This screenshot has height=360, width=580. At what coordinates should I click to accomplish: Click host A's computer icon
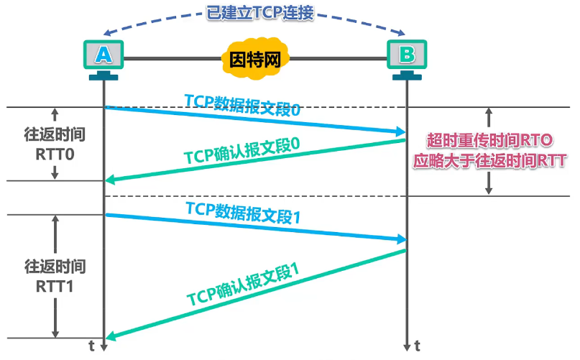point(104,56)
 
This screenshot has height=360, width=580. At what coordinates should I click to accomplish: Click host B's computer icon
point(407,56)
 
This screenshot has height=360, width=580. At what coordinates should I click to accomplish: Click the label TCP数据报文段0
point(241,106)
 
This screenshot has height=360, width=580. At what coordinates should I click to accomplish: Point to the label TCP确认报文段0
point(241,152)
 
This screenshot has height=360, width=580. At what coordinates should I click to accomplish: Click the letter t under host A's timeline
point(91,346)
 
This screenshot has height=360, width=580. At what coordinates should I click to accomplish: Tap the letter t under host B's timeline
point(418,346)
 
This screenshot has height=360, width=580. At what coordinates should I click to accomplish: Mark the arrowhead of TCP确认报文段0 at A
point(110,180)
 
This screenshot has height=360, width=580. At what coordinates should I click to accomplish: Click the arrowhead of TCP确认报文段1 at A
point(110,336)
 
